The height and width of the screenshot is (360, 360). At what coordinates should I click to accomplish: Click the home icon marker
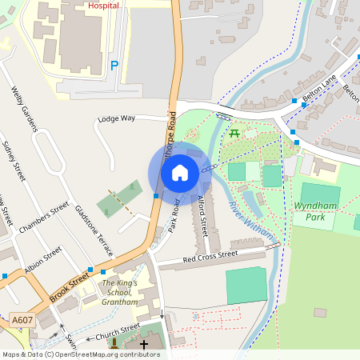(x=180, y=172)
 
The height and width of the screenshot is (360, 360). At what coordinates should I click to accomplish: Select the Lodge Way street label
(x=117, y=118)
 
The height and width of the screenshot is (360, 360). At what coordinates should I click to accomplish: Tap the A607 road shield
(x=22, y=321)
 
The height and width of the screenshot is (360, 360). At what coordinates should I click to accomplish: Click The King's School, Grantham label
(x=119, y=293)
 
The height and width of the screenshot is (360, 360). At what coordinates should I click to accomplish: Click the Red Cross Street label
(x=210, y=256)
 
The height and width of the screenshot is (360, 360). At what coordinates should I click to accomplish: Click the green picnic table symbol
(x=235, y=133)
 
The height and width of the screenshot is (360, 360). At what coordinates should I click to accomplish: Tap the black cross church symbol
(x=144, y=345)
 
